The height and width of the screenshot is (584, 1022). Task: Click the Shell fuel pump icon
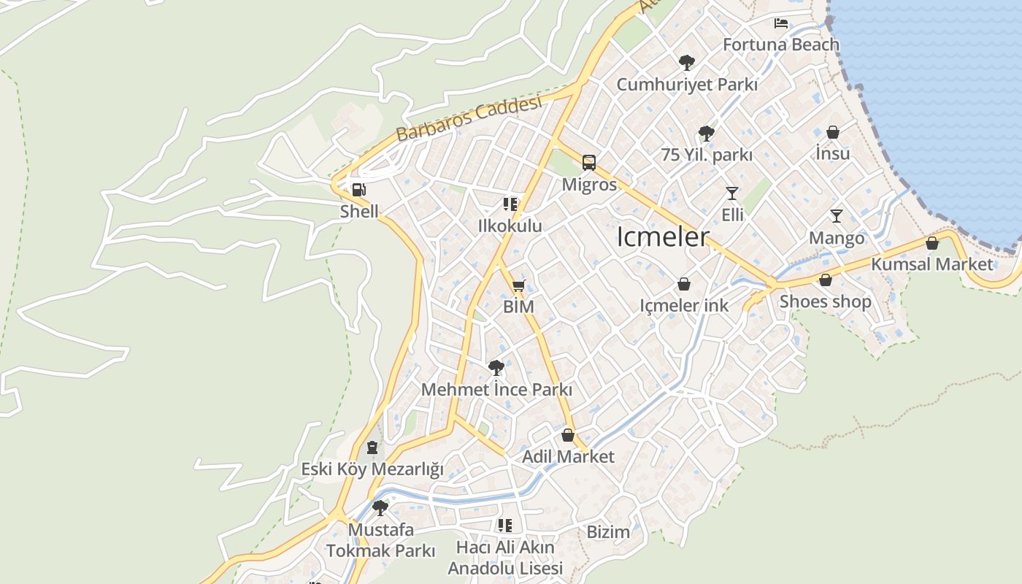point(358,190)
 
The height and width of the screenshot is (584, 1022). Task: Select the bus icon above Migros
point(588,163)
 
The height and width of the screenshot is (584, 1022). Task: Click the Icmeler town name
point(663,237)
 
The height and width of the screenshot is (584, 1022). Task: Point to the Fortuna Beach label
point(781,45)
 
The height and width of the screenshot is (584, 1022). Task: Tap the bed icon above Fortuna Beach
point(781,23)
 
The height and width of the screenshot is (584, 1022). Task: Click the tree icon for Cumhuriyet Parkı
point(686,62)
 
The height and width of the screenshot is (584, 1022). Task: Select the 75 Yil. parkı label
point(706,155)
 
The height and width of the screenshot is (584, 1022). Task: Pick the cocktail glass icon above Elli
point(731,193)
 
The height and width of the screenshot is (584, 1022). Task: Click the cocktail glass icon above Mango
point(837,216)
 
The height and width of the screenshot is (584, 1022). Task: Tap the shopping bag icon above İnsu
point(833,132)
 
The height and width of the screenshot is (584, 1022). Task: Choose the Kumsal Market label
point(932,264)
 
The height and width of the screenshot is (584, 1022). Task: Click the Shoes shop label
point(825,301)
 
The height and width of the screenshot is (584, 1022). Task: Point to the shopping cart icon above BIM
point(518,285)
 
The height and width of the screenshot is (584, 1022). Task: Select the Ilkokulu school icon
point(510,204)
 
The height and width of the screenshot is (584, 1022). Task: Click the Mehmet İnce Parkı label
point(496,390)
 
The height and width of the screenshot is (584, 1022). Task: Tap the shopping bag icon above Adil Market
point(568,435)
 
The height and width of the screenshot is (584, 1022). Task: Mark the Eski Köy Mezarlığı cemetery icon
point(372,447)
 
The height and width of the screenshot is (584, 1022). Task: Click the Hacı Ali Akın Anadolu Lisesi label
point(505,558)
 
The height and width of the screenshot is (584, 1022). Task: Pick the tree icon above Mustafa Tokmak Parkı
point(380,508)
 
